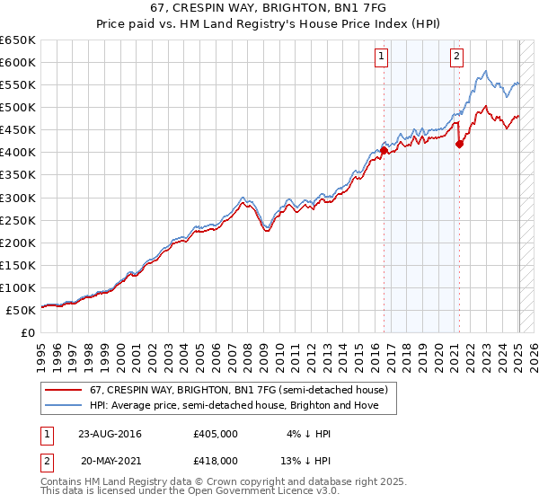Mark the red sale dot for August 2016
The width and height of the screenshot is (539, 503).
click(384, 150)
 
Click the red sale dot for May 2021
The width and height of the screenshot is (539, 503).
click(459, 144)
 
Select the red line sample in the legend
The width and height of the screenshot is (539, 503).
click(63, 390)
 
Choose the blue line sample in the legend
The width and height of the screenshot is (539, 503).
click(63, 405)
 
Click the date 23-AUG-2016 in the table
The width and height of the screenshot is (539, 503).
click(110, 433)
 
